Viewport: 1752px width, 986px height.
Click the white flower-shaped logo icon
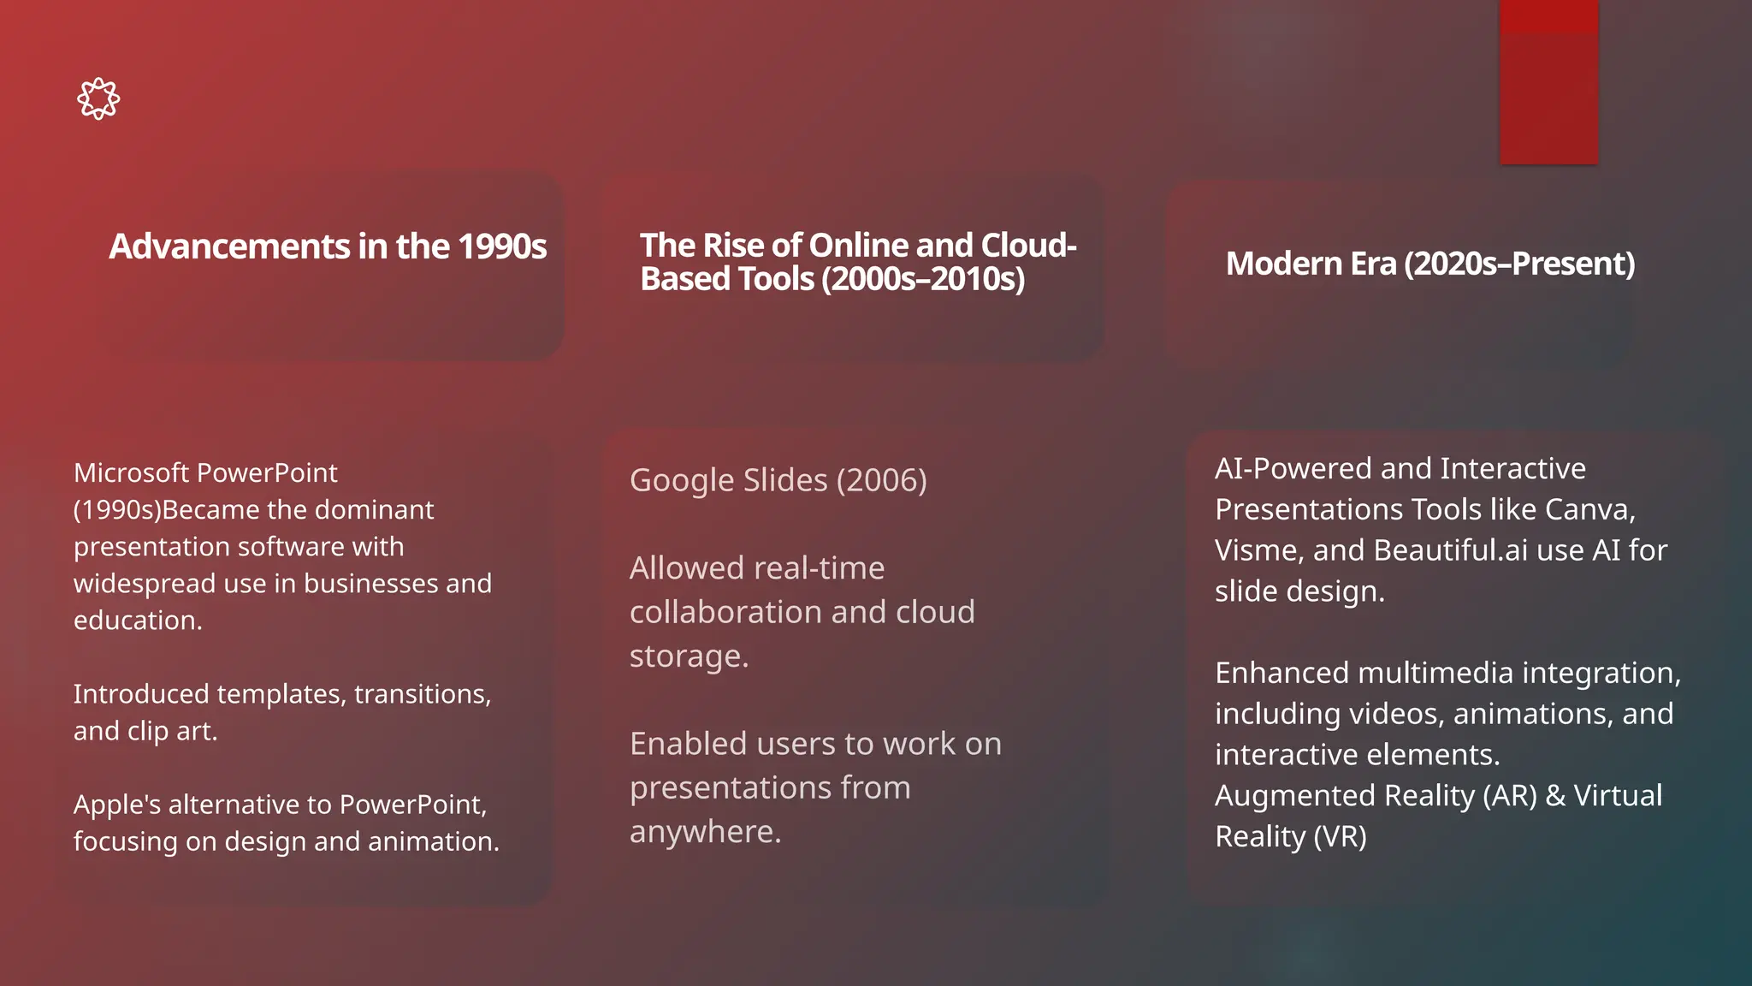click(x=98, y=98)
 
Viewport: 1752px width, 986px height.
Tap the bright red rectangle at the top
click(x=1548, y=82)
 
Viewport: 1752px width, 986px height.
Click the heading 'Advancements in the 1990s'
click(x=328, y=246)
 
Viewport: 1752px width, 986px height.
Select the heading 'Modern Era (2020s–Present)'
click(x=1429, y=264)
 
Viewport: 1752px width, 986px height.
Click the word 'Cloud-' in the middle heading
click(x=1028, y=246)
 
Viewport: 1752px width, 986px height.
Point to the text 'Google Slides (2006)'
click(x=778, y=480)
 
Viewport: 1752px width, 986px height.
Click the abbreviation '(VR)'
click(x=1340, y=836)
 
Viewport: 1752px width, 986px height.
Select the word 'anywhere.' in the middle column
click(x=705, y=832)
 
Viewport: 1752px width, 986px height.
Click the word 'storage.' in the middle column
click(x=689, y=656)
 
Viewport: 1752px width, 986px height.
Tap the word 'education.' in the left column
click(x=138, y=621)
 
